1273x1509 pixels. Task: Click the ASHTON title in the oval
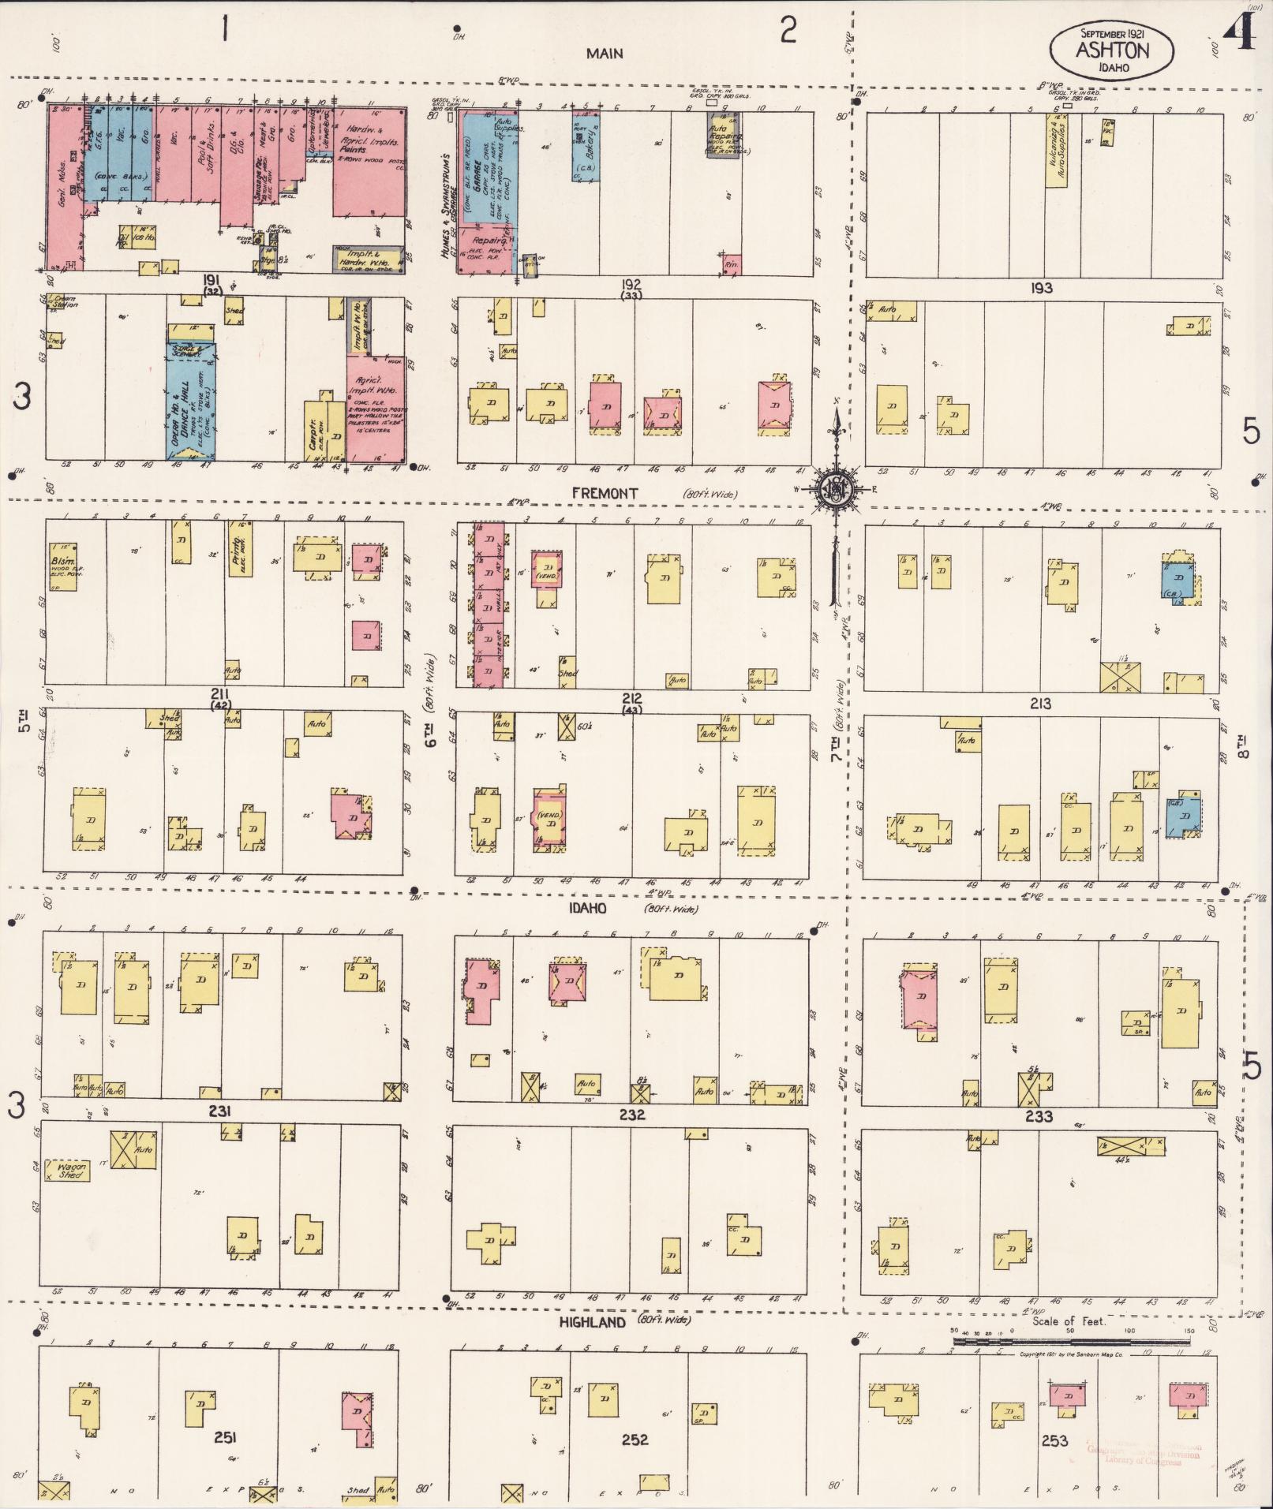(x=1111, y=50)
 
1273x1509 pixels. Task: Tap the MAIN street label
(x=605, y=54)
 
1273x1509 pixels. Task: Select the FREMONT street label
(x=605, y=493)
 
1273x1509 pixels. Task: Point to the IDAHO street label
(x=587, y=908)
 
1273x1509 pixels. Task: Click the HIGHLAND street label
(x=592, y=1322)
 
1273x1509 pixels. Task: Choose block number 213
(x=1040, y=703)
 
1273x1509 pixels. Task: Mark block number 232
(x=631, y=1115)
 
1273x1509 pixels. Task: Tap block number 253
(x=1054, y=1440)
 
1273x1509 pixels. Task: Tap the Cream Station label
(x=63, y=301)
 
